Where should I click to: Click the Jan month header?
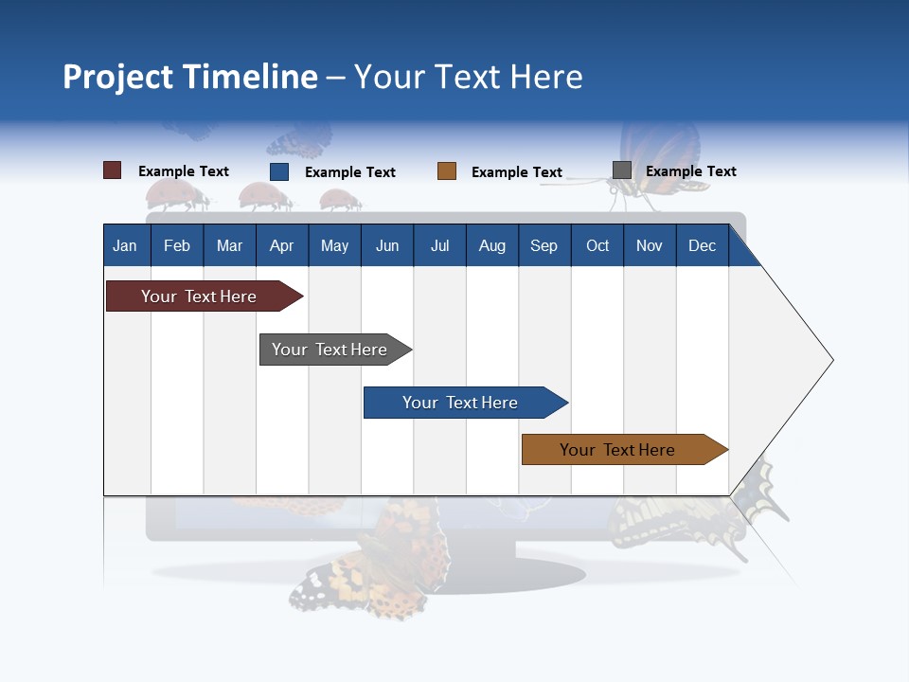pos(125,246)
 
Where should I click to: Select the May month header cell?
pos(334,246)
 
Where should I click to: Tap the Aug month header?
pos(491,246)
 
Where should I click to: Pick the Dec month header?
pos(702,246)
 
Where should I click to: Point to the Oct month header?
pos(597,246)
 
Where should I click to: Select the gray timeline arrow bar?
pos(331,350)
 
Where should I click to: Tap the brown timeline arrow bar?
pos(620,450)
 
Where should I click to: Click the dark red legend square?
pos(112,170)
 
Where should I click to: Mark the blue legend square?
pos(279,171)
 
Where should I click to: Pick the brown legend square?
pos(447,171)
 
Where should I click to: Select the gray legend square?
pos(622,170)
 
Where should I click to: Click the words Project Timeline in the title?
pos(189,77)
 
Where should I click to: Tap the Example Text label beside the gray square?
pos(690,171)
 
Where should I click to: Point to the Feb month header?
pos(177,246)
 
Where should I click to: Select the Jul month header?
pos(439,246)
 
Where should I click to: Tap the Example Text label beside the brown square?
pos(516,172)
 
